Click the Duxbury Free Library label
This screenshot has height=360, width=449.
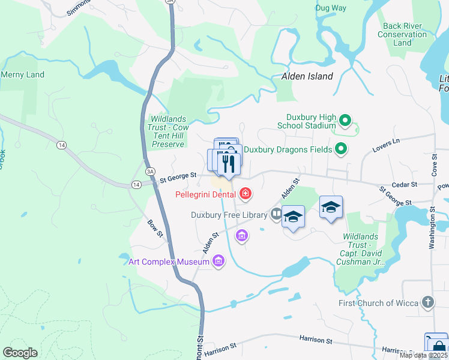pyautogui.click(x=229, y=214)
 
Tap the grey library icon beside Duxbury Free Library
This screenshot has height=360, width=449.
pyautogui.click(x=276, y=213)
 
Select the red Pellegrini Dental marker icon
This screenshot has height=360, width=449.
pyautogui.click(x=245, y=193)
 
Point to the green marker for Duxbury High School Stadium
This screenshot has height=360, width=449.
pyautogui.click(x=345, y=121)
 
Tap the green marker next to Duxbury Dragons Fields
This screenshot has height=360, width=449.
pyautogui.click(x=341, y=148)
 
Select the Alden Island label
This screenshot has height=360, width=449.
pyautogui.click(x=307, y=76)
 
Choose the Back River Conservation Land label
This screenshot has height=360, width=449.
pyautogui.click(x=402, y=34)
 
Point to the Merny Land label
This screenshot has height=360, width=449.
pyautogui.click(x=22, y=74)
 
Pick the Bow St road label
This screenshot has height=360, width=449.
pyautogui.click(x=155, y=228)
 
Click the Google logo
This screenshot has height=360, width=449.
pyautogui.click(x=20, y=353)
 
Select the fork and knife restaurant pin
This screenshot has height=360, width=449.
pyautogui.click(x=228, y=163)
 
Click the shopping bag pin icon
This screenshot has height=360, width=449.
pyautogui.click(x=436, y=346)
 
